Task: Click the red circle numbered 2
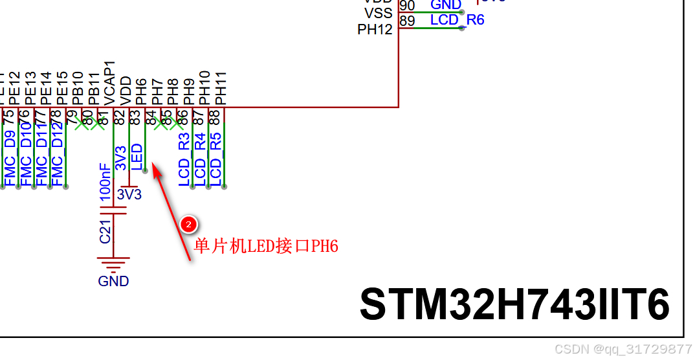pos(188,225)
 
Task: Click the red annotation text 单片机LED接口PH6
pos(266,246)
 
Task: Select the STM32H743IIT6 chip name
pos(514,304)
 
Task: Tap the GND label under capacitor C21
pos(113,281)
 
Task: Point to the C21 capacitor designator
pos(105,231)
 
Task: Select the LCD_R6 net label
pos(457,19)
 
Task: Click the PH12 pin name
pos(375,30)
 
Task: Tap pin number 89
pos(407,21)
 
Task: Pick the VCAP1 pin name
pos(110,83)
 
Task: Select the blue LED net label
pos(137,157)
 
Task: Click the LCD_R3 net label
pos(184,159)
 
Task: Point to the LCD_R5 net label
pos(216,159)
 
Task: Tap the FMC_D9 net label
pos(9,159)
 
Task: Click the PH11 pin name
pos(221,89)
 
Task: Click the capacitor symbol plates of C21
pos(113,210)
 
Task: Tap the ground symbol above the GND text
pos(113,262)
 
